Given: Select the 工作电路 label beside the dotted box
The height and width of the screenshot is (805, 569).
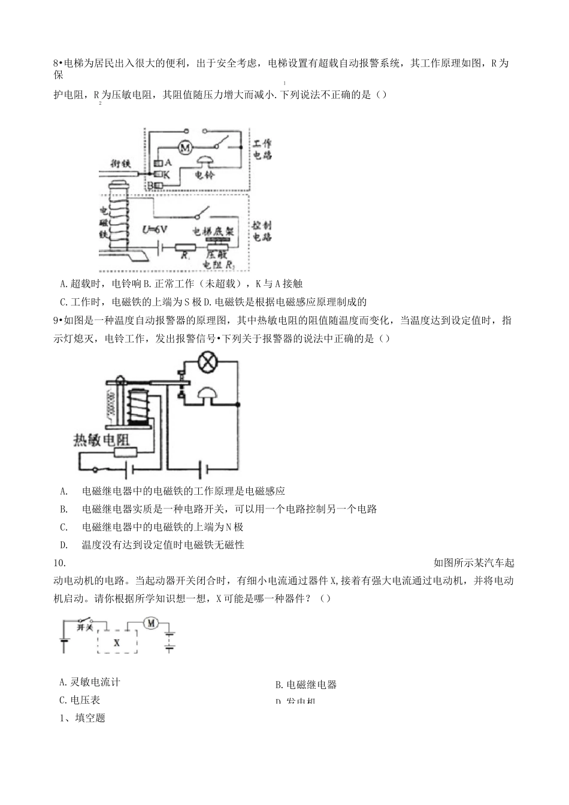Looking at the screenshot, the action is [261, 149].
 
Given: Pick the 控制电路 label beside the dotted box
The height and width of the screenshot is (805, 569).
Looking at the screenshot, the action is [261, 231].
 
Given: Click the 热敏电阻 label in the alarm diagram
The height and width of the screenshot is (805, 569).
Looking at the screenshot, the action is [101, 439].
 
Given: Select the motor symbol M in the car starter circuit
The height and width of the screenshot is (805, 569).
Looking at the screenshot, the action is [150, 624].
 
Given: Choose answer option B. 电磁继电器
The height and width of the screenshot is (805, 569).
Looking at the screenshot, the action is [305, 684].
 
